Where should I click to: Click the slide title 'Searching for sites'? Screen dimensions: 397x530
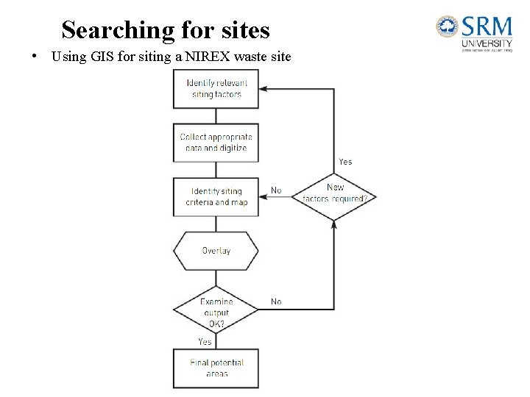(166, 30)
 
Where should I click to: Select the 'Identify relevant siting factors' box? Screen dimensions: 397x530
(216, 89)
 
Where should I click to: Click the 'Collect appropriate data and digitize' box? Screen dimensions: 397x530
(216, 143)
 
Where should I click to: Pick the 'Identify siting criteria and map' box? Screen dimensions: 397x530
(216, 197)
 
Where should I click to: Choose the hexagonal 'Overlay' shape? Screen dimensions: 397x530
(216, 251)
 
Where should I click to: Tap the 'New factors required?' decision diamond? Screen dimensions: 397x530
(334, 193)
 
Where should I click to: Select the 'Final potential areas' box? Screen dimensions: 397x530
(216, 368)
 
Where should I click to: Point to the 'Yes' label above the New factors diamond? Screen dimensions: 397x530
(345, 162)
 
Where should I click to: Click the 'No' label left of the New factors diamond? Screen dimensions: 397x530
(276, 190)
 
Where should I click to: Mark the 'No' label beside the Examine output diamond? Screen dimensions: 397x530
(276, 301)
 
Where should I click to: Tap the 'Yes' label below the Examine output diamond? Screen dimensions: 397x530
(205, 342)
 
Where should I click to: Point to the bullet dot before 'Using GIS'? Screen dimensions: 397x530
(35, 57)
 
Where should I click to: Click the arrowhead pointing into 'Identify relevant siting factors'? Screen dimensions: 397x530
(264, 89)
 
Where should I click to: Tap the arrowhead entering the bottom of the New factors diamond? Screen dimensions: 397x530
(334, 223)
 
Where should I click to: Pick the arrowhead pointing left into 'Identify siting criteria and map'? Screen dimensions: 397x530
(264, 197)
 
